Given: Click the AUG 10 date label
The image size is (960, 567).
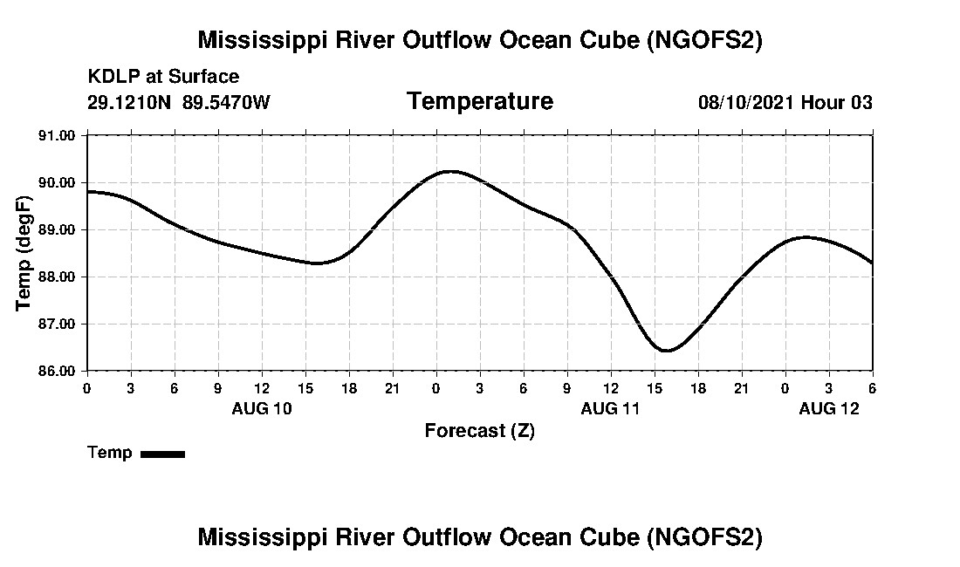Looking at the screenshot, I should coord(262,408).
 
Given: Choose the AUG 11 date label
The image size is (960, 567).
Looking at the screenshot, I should coord(611,408).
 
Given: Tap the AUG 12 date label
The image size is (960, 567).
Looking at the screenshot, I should coord(829,408).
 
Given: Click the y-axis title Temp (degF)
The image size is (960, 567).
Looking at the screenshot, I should coord(24,253).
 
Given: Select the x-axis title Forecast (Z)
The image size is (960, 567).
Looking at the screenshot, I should coord(479,430).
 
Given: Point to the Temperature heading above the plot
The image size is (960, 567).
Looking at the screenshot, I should coord(479,102).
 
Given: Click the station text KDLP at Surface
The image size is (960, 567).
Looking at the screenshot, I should coord(163,78).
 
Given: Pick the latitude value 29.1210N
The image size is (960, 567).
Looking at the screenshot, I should coord(131,103).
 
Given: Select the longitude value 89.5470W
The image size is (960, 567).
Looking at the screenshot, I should coord(226,103).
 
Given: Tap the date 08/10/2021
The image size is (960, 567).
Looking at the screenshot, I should coord(746,103).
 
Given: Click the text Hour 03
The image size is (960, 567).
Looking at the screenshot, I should coord(837,103).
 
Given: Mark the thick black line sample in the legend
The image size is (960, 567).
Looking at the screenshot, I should coord(162,454).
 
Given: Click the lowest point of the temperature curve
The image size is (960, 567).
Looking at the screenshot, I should coord(667,351).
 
